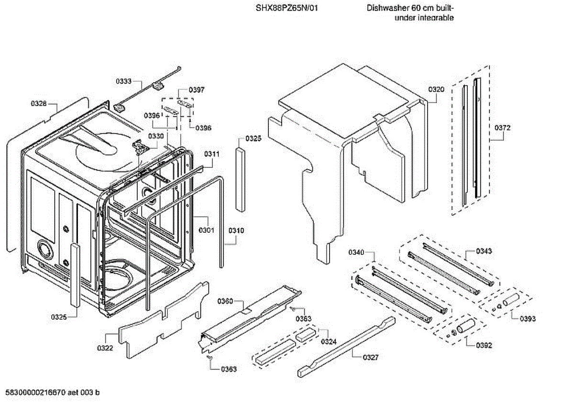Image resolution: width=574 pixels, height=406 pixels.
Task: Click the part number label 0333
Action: pyautogui.click(x=123, y=81)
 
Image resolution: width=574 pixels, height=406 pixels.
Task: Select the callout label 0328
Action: pyautogui.click(x=39, y=104)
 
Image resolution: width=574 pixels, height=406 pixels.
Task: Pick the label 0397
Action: pyautogui.click(x=197, y=89)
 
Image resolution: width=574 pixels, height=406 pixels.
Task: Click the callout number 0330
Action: pyautogui.click(x=155, y=136)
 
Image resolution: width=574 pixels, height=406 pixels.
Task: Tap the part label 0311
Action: pyautogui.click(x=212, y=154)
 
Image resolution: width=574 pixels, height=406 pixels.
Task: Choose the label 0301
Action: pyautogui.click(x=206, y=230)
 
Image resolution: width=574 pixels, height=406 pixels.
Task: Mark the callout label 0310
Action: pyautogui.click(x=236, y=230)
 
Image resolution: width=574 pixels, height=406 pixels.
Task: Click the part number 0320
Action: pyautogui.click(x=436, y=89)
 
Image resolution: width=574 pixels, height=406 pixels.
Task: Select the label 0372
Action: pyautogui.click(x=503, y=128)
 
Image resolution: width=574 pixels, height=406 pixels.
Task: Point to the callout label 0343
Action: pyautogui.click(x=484, y=251)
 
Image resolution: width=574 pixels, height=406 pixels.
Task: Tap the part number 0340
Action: pyautogui.click(x=356, y=252)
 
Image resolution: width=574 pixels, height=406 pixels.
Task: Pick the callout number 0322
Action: pyautogui.click(x=105, y=348)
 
